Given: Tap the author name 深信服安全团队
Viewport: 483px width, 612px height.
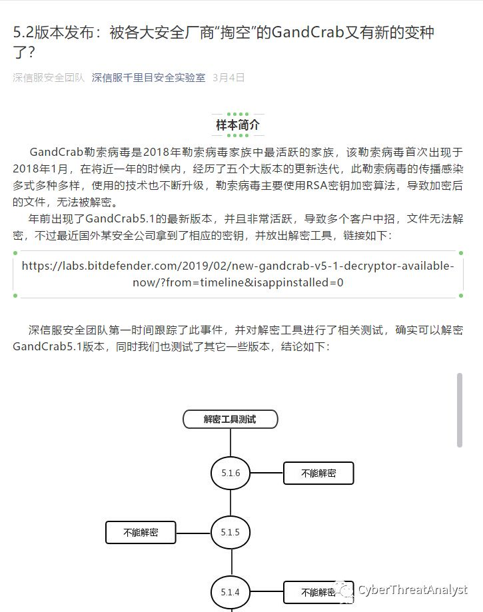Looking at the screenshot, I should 49,77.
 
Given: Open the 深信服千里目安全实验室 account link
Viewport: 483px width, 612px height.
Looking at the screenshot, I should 148,77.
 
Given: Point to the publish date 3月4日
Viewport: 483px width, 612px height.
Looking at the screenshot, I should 229,77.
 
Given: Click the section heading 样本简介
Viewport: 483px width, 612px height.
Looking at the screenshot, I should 238,125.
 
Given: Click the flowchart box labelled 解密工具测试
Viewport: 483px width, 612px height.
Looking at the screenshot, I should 230,419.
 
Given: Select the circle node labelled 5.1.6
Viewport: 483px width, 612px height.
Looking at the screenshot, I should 231,473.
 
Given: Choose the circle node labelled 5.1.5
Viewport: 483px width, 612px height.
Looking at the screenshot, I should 231,532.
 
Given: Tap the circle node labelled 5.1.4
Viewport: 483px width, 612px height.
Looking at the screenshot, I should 231,591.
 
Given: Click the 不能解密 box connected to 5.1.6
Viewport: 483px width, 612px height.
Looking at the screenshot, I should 318,473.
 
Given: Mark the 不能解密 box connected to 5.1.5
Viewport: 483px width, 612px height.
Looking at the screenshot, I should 141,532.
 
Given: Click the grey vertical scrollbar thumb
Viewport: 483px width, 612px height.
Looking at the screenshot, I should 459,410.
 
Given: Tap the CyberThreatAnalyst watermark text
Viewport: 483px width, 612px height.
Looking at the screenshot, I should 412,590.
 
